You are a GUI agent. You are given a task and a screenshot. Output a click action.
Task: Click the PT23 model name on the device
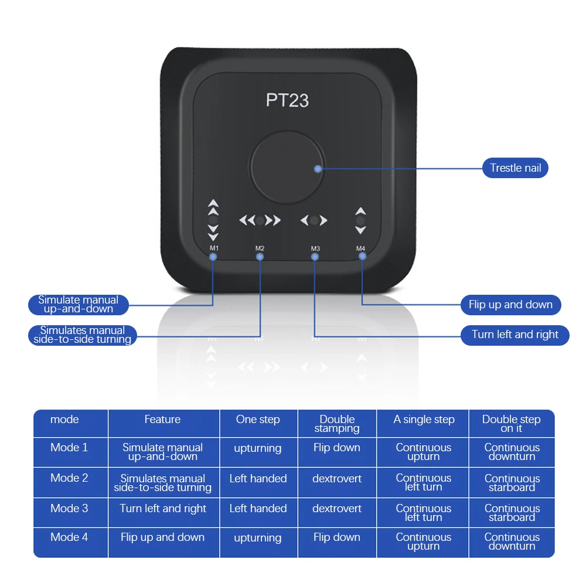click(x=287, y=100)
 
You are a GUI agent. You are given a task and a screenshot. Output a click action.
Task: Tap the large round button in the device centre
click(x=287, y=166)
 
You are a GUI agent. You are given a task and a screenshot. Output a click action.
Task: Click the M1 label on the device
click(x=214, y=248)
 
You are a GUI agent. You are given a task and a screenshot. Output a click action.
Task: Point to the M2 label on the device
click(x=260, y=248)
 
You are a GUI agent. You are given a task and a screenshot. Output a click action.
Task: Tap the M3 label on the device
click(x=315, y=248)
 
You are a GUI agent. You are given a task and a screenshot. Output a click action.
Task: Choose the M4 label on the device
click(x=360, y=248)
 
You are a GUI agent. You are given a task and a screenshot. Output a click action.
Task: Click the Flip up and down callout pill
click(x=510, y=305)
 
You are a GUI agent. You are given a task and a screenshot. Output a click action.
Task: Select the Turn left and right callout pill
click(x=515, y=335)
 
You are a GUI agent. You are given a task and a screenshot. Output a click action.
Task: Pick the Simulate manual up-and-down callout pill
click(x=79, y=304)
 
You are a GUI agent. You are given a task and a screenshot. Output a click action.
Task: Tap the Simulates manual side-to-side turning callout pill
click(x=82, y=335)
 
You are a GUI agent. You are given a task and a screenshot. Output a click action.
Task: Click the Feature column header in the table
click(x=162, y=420)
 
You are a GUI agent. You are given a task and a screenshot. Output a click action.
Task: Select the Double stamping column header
click(x=337, y=424)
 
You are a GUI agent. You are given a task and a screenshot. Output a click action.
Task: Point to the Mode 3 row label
click(x=69, y=508)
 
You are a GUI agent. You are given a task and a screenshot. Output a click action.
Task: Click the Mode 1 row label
click(x=69, y=448)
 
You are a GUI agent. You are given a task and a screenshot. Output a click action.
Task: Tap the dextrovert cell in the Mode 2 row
click(x=337, y=478)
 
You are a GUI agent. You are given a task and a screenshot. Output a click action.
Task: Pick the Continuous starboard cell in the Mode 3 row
click(x=512, y=513)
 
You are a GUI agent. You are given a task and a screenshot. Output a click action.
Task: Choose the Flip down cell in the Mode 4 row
click(x=337, y=537)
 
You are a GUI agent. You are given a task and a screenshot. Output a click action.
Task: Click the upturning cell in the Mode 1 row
click(x=258, y=448)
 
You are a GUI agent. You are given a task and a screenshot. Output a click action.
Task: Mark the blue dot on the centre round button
click(x=318, y=169)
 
